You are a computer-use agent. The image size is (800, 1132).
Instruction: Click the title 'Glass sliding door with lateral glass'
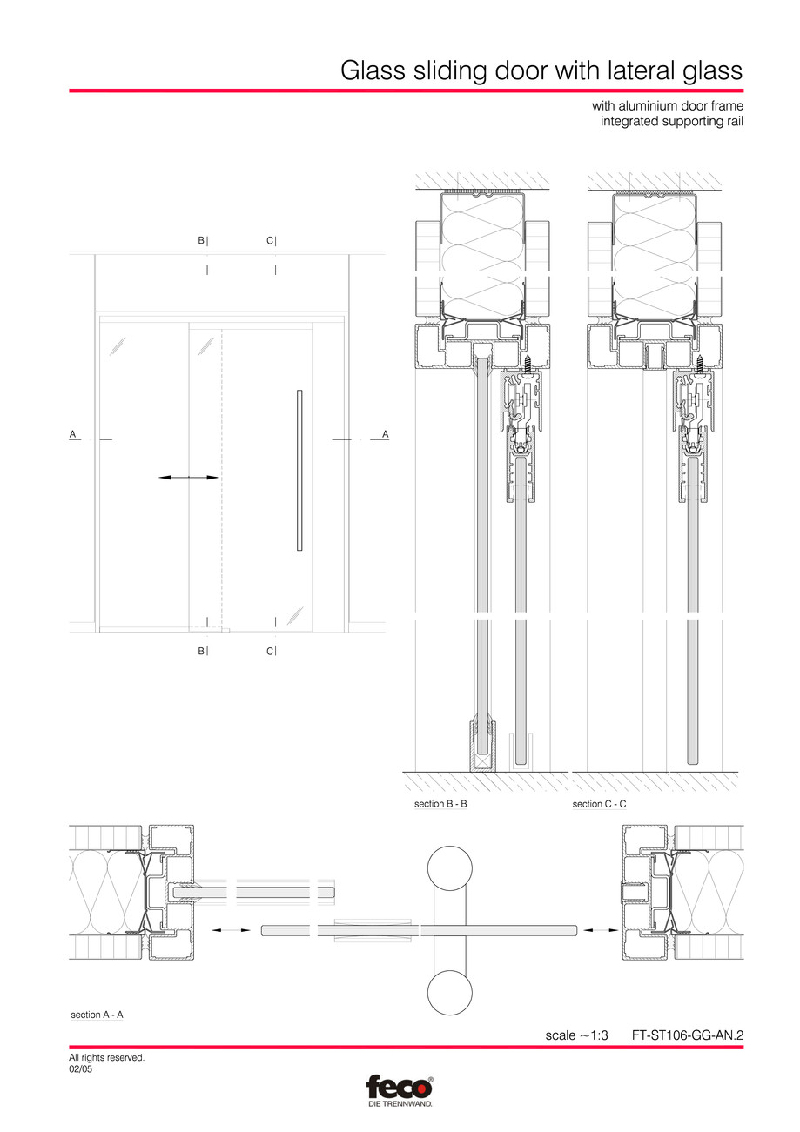(541, 70)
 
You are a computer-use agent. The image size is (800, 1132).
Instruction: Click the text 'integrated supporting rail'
(671, 121)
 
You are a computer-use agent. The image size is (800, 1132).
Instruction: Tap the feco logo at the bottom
(400, 1088)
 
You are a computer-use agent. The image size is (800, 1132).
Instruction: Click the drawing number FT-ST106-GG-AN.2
(687, 1035)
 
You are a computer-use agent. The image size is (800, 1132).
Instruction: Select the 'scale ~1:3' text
(575, 1035)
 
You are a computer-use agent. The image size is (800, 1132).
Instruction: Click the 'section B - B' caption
(440, 804)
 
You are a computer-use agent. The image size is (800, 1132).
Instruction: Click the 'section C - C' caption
(599, 804)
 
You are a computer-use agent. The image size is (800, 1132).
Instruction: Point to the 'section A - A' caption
(97, 1015)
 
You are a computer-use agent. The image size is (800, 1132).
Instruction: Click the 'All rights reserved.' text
(106, 1057)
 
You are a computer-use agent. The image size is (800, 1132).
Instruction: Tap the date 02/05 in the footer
(80, 1069)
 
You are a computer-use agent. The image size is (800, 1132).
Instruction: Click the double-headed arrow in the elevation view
(189, 477)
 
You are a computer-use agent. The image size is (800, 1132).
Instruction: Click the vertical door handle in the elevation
(299, 471)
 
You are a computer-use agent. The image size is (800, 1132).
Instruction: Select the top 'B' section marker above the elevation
(202, 241)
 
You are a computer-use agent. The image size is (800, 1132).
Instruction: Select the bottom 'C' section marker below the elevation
(271, 651)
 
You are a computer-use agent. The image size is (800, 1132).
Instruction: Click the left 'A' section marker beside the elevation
(73, 433)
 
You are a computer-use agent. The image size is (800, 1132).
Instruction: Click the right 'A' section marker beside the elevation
(385, 433)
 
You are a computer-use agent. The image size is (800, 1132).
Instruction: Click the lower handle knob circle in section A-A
(449, 993)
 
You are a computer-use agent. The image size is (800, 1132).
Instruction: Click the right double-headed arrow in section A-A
(601, 930)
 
